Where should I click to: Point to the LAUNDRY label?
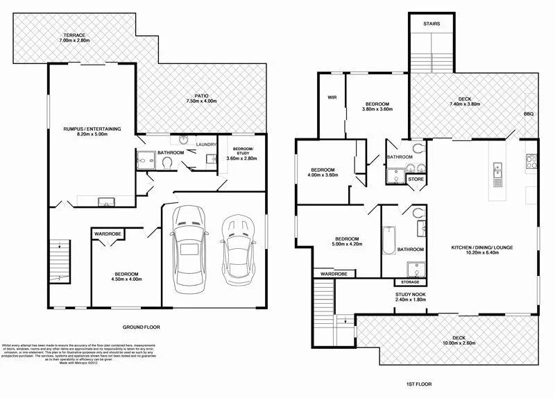pos(206,145)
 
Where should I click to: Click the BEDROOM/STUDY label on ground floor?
pos(243,153)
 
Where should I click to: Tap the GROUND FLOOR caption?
pos(142,326)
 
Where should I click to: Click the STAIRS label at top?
pos(432,24)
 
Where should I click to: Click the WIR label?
pos(332,97)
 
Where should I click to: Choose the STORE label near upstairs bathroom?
pos(416,179)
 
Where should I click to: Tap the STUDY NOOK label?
pos(410,295)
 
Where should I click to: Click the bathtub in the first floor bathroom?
pos(389,241)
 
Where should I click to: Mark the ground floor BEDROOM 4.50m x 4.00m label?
pos(127,277)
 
